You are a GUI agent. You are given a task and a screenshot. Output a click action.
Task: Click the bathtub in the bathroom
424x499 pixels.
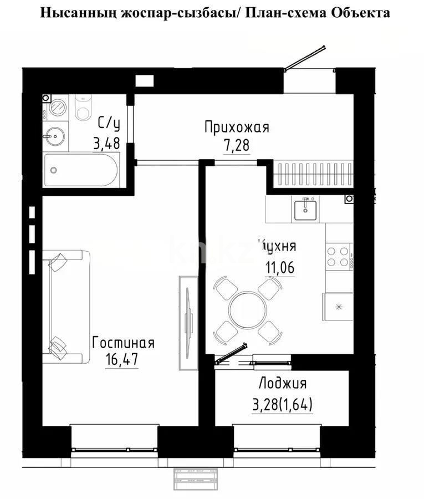tap(81, 171)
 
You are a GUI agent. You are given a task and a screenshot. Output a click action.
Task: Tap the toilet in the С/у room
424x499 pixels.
tap(83, 108)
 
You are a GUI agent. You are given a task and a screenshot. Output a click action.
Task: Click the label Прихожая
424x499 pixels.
tap(236, 128)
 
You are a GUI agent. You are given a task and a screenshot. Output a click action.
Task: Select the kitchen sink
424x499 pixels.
tap(305, 210)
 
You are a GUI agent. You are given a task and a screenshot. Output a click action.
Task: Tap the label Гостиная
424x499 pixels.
tap(123, 342)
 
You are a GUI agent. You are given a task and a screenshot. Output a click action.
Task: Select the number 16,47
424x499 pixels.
tap(122, 359)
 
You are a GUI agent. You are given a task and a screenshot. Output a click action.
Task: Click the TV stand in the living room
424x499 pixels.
tap(188, 322)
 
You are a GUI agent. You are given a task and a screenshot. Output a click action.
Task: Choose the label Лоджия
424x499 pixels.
tap(283, 383)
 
